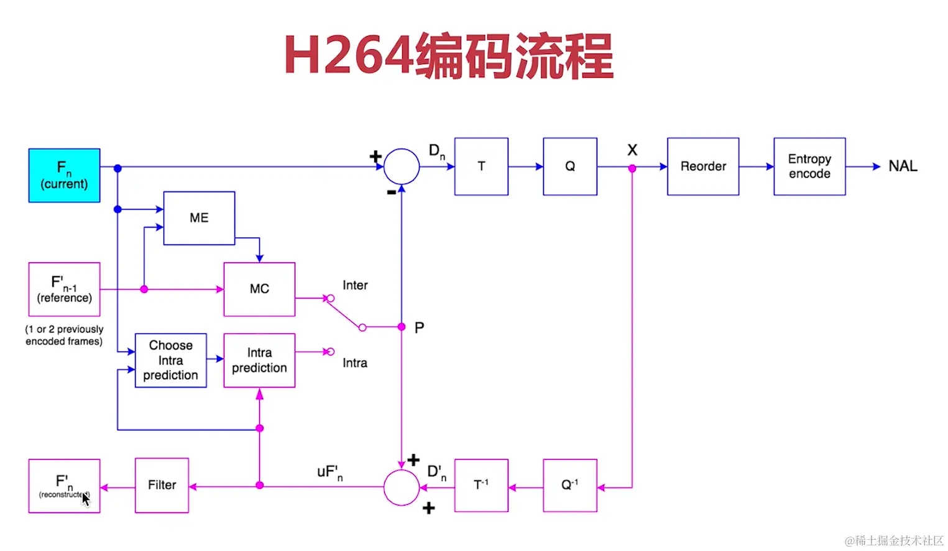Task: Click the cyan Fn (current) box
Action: (x=64, y=175)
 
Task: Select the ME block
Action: (x=199, y=218)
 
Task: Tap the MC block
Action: (x=259, y=289)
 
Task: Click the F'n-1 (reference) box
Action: (x=64, y=289)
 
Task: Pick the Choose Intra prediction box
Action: (x=170, y=360)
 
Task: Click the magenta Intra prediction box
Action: (x=259, y=360)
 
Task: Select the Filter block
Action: (x=162, y=485)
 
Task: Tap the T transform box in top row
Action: (x=481, y=167)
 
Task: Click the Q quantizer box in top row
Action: (x=569, y=167)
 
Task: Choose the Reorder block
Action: (x=703, y=167)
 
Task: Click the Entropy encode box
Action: (x=809, y=167)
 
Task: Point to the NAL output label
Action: (x=903, y=167)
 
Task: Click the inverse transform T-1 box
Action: (x=481, y=485)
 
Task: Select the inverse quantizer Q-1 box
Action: (x=569, y=485)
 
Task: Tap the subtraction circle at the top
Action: (x=402, y=167)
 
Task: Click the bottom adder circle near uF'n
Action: (x=402, y=487)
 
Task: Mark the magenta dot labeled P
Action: (x=402, y=326)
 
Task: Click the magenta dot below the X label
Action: (x=632, y=169)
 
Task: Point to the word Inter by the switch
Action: (x=355, y=285)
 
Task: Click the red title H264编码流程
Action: (x=449, y=57)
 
